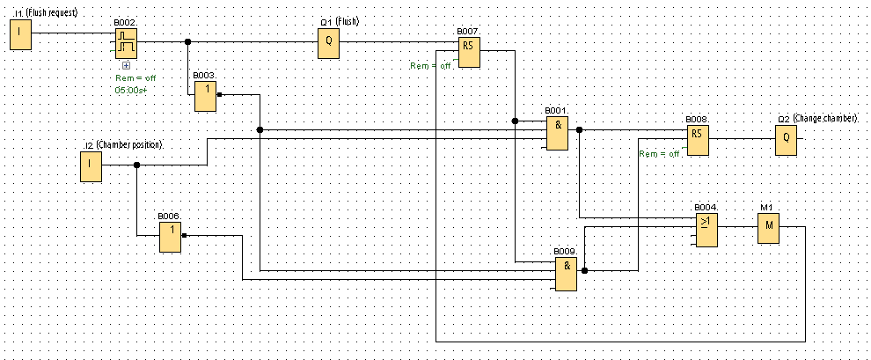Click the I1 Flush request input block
pyautogui.click(x=21, y=36)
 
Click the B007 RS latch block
pyautogui.click(x=468, y=53)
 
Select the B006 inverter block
pyautogui.click(x=170, y=236)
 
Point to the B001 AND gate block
pyautogui.click(x=557, y=132)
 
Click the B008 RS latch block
pyautogui.click(x=698, y=140)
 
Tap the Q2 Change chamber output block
pyautogui.click(x=786, y=140)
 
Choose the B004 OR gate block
pyautogui.click(x=706, y=230)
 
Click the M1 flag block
pyautogui.click(x=768, y=230)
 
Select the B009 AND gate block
pyautogui.click(x=567, y=273)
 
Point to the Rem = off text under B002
pyautogui.click(x=135, y=78)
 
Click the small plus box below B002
pyautogui.click(x=126, y=65)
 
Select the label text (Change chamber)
pyautogui.click(x=824, y=118)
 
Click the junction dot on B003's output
pyautogui.click(x=219, y=94)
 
